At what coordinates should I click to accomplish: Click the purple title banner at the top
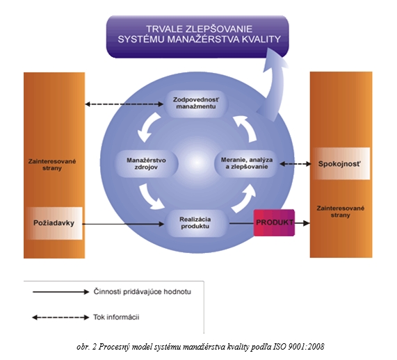pos(197,37)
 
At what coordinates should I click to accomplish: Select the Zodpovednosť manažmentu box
pos(195,104)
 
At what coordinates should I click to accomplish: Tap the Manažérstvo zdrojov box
pos(146,163)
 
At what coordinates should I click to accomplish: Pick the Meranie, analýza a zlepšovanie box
pos(247,163)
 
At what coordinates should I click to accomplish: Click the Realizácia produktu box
pos(195,223)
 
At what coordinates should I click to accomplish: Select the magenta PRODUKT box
pos(274,223)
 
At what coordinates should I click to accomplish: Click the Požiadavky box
pos(54,223)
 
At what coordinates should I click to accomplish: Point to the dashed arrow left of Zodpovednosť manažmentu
pos(124,104)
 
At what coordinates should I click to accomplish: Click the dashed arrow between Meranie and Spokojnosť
pos(295,164)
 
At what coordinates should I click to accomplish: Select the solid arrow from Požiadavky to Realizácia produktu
pos(123,224)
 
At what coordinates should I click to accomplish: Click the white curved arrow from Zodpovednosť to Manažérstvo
pos(147,127)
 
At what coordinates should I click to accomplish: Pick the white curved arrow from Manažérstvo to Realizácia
pos(149,197)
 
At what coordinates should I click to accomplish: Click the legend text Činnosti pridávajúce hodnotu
pos(143,292)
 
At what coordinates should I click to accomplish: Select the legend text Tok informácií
pos(116,317)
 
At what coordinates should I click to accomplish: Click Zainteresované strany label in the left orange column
pos(52,165)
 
